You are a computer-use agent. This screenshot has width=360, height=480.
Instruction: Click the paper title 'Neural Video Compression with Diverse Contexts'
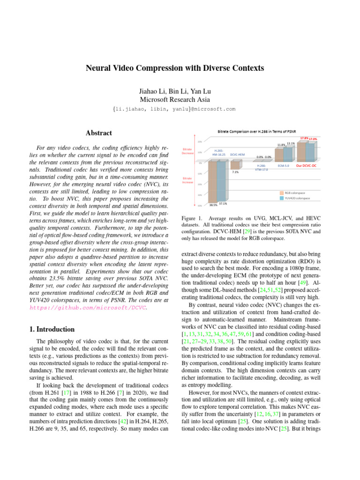click(174, 68)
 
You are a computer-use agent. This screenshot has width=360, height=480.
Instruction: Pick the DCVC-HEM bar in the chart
click(234, 165)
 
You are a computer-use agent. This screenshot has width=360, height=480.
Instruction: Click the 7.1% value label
click(235, 172)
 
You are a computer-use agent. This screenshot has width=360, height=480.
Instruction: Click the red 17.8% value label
click(303, 138)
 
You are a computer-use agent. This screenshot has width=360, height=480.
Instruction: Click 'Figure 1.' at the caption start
click(191, 219)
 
